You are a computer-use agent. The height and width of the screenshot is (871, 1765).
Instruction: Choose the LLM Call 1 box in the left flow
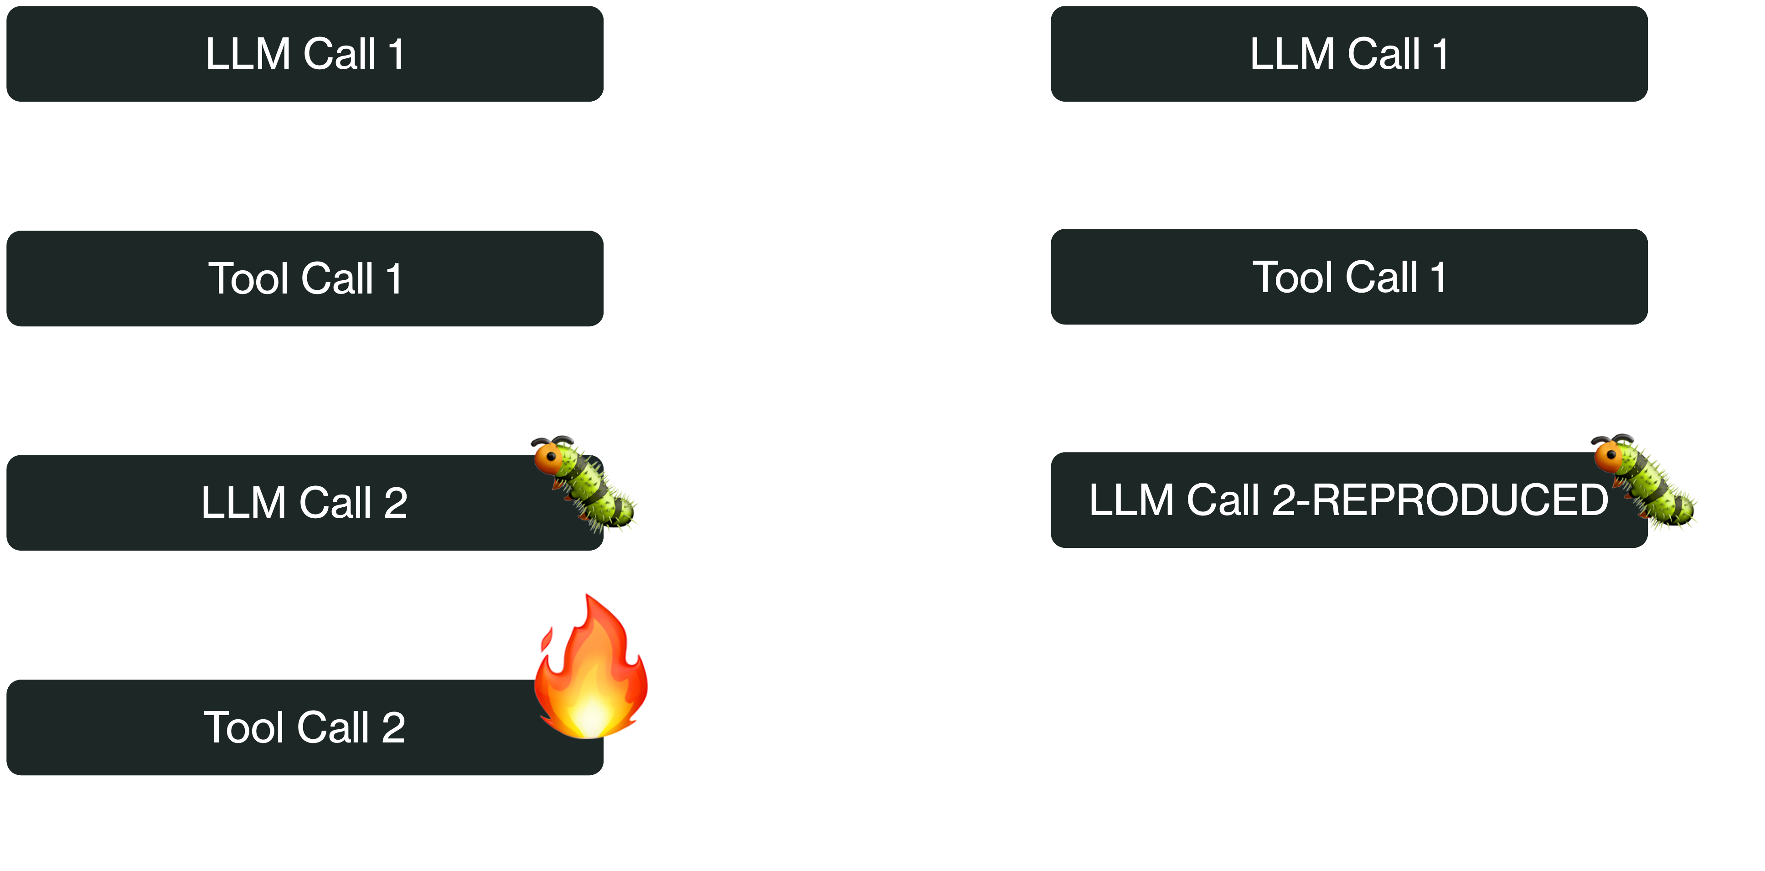[305, 54]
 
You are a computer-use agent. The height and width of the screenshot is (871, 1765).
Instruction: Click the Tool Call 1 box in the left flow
[305, 278]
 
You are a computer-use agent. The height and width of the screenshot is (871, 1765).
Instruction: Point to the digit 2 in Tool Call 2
[393, 728]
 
